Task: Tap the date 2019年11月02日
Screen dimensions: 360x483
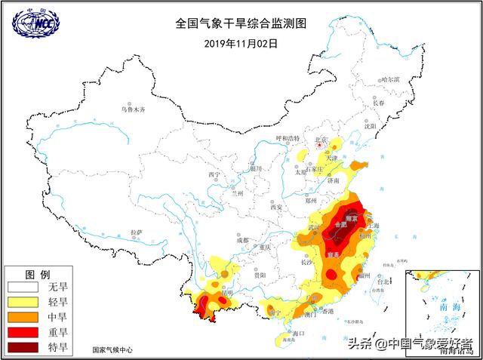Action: point(241,43)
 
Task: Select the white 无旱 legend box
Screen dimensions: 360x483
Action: point(23,288)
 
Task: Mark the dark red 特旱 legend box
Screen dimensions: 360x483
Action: point(23,347)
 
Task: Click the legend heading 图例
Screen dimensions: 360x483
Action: point(38,273)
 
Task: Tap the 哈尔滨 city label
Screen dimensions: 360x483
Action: point(390,79)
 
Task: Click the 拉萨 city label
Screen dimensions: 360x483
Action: point(136,232)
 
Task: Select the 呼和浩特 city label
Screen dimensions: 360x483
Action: point(288,138)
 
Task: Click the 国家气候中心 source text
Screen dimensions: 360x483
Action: point(112,350)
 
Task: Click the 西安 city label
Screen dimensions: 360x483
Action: point(276,208)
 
